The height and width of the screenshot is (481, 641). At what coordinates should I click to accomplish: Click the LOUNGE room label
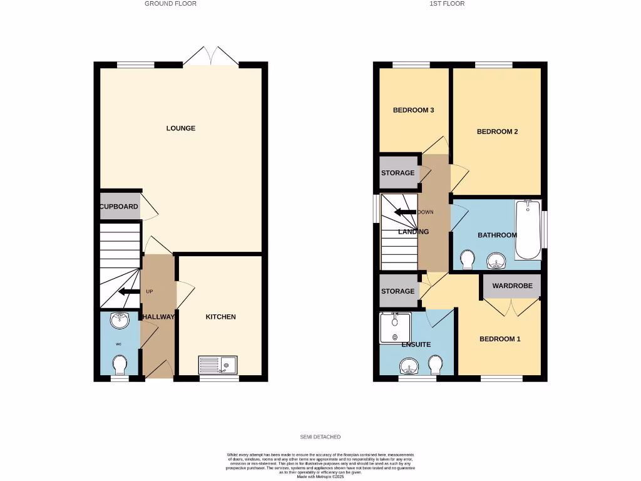pos(180,128)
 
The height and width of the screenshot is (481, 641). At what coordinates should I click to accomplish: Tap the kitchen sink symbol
pos(218,364)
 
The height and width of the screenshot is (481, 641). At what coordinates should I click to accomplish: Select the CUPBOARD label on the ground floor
pos(118,207)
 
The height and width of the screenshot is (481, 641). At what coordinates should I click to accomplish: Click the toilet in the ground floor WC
pos(119,364)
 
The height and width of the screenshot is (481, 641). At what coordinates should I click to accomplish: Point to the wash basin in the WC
pos(119,321)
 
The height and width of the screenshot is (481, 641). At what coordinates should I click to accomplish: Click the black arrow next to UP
pos(130,291)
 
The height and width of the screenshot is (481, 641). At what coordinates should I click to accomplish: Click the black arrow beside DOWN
pos(405,212)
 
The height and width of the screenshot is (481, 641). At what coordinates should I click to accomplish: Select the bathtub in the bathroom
pos(528,230)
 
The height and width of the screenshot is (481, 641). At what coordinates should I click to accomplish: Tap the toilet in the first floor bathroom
pos(467,258)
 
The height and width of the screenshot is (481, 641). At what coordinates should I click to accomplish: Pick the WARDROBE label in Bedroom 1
pos(512,286)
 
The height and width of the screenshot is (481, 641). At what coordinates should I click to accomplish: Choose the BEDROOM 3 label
pos(413,110)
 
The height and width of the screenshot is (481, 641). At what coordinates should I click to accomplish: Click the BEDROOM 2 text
pos(497,132)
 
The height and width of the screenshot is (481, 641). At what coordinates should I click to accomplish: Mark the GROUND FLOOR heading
pos(170,4)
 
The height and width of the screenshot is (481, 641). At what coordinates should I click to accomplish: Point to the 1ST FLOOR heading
pos(447,4)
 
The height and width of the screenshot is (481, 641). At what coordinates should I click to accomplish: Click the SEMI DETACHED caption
pos(320,437)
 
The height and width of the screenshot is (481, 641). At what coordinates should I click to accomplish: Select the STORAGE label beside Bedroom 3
pos(397,173)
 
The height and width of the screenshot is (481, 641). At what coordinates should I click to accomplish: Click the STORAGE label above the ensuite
pos(397,291)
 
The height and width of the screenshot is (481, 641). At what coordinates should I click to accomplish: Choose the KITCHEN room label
pos(221,317)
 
